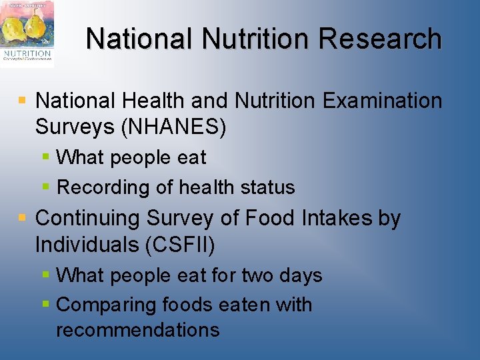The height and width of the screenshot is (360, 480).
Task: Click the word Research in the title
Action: click(x=380, y=39)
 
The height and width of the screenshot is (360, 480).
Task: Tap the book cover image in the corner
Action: click(x=27, y=34)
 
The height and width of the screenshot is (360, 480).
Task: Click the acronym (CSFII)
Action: click(x=179, y=245)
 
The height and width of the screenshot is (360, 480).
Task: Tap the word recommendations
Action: click(x=137, y=329)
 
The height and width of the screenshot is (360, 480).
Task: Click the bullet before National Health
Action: click(x=22, y=101)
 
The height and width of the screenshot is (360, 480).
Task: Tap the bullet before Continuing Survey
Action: click(x=22, y=218)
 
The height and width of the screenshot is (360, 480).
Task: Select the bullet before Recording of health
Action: click(x=45, y=187)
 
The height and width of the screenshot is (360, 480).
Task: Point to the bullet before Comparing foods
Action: click(x=45, y=304)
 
